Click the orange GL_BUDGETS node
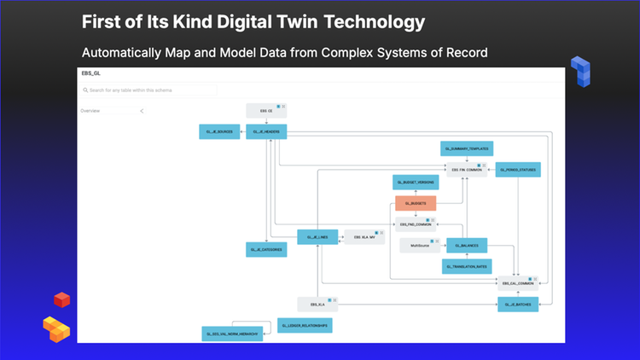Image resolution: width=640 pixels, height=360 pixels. (x=416, y=203)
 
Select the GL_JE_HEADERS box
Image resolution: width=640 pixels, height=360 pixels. (x=266, y=131)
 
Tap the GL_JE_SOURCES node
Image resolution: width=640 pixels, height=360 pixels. (x=218, y=131)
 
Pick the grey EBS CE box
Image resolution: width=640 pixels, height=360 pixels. (x=265, y=110)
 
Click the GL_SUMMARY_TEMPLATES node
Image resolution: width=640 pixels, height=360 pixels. (x=467, y=148)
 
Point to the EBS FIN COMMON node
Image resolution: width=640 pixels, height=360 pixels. (x=467, y=170)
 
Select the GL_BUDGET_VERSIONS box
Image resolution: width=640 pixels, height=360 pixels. (x=416, y=182)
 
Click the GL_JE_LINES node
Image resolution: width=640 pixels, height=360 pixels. (x=318, y=236)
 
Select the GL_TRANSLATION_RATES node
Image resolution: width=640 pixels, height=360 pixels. (x=467, y=266)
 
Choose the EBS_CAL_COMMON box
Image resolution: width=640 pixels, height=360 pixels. (x=518, y=282)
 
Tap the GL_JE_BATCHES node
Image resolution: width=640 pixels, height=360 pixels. (x=518, y=304)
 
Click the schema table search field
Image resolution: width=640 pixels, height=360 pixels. (x=149, y=90)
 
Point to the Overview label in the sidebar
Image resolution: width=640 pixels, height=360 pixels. (x=90, y=111)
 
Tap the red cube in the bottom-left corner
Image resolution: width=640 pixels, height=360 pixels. (x=61, y=299)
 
